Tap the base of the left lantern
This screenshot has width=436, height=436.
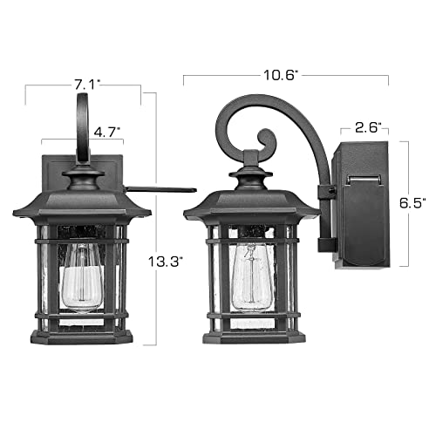click(82, 335)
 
